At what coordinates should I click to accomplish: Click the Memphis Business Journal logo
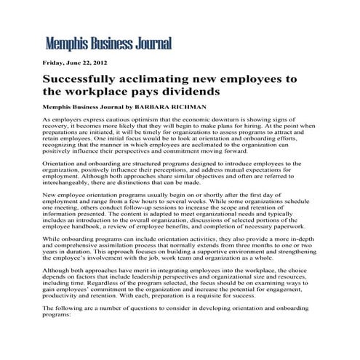(x=108, y=44)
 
